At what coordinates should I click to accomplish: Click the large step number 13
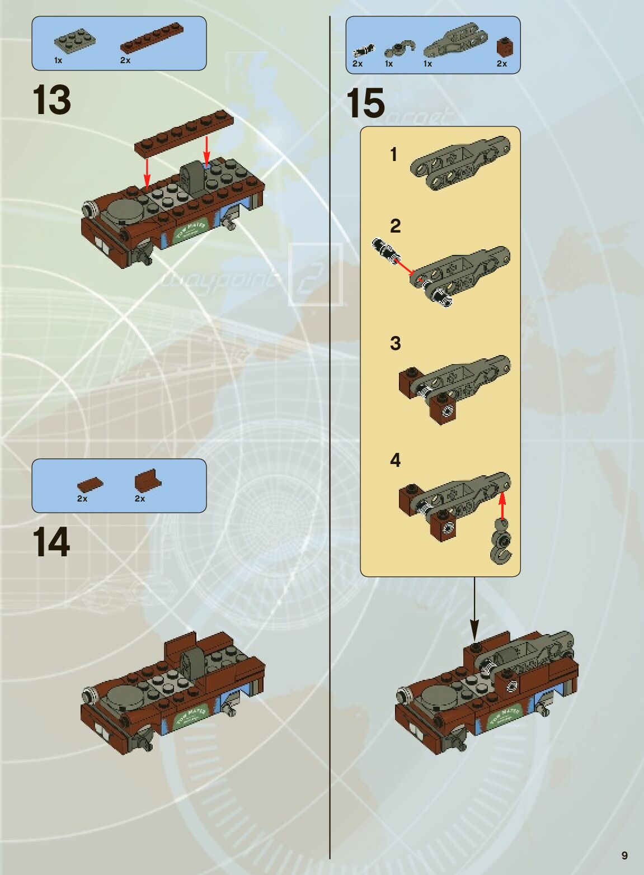[x=52, y=101]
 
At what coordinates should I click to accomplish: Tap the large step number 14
[x=51, y=542]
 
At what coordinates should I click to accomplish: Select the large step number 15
[x=365, y=104]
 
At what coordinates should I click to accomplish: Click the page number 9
[x=624, y=855]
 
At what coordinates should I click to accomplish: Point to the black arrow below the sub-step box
[x=474, y=609]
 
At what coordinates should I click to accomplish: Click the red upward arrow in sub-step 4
[x=502, y=504]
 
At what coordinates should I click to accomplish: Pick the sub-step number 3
[x=396, y=343]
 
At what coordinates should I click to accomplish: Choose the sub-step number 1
[x=394, y=155]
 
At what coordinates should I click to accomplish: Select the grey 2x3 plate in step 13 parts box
[x=74, y=40]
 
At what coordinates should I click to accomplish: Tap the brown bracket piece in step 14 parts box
[x=147, y=480]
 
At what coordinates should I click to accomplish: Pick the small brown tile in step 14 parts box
[x=90, y=484]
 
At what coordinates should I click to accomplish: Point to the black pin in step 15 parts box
[x=363, y=51]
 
